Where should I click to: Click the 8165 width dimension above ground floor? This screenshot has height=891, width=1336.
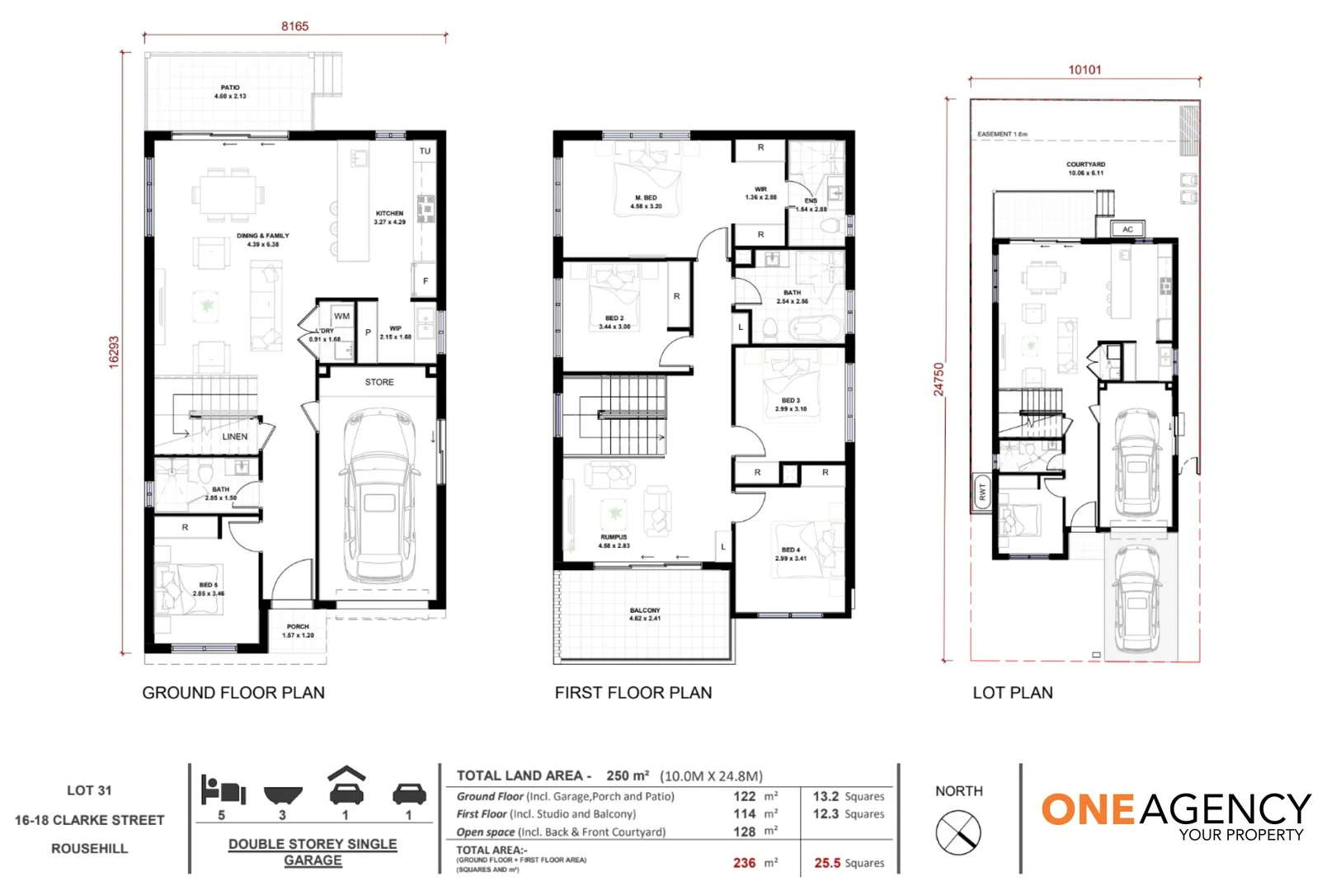click(294, 26)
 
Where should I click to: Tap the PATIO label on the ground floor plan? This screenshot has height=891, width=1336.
click(230, 92)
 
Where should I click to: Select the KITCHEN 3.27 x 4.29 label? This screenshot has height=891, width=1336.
click(389, 217)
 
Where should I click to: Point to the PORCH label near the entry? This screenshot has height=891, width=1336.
click(298, 630)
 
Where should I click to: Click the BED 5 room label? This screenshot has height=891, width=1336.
click(208, 588)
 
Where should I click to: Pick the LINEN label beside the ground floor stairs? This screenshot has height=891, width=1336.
click(234, 436)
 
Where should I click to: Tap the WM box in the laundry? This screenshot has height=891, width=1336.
click(341, 316)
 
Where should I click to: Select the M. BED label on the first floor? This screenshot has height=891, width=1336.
click(646, 201)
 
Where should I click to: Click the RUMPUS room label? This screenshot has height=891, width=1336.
click(614, 540)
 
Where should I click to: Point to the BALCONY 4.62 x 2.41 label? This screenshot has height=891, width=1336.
click(644, 614)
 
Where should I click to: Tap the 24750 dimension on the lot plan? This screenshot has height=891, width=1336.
click(938, 379)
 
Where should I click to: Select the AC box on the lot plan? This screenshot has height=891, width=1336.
click(1127, 229)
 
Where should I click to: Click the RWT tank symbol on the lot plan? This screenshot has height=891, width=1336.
click(981, 493)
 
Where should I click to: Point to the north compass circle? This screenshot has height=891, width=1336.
click(958, 832)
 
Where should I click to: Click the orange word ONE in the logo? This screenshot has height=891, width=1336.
click(1089, 810)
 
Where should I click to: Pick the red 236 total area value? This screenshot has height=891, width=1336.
click(744, 863)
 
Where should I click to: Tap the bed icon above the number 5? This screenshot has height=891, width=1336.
click(223, 790)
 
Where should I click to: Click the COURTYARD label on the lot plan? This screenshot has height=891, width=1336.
click(1085, 168)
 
